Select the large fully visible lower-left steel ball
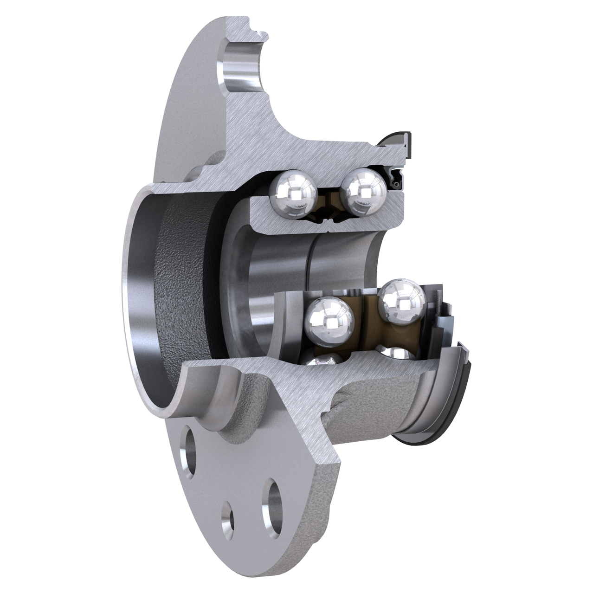tap(330, 321)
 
